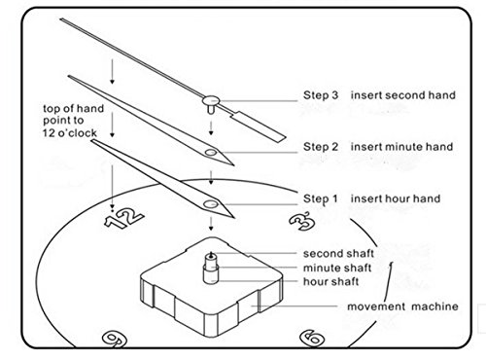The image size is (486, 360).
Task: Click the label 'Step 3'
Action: tap(321, 95)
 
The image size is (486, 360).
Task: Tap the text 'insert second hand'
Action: tap(403, 95)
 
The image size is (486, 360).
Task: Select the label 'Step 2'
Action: tap(321, 147)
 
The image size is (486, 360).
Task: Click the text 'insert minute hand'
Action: tap(401, 147)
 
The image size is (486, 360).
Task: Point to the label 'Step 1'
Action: tap(320, 198)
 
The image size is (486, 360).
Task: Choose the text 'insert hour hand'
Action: tap(396, 198)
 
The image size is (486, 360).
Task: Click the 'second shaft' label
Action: tap(338, 253)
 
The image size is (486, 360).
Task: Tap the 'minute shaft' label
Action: tap(337, 268)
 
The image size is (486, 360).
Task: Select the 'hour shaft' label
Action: tap(331, 281)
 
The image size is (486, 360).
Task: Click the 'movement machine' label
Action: tap(402, 306)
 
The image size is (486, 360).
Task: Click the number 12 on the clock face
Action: tap(123, 218)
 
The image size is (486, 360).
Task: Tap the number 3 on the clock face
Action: tap(302, 221)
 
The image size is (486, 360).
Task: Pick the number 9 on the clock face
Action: tap(114, 340)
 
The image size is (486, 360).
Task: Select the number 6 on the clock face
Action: tap(312, 338)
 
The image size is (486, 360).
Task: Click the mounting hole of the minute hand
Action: tap(211, 152)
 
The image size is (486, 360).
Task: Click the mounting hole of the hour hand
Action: tap(211, 204)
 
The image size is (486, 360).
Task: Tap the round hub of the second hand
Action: tap(211, 100)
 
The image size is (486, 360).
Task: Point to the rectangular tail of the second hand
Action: tap(260, 126)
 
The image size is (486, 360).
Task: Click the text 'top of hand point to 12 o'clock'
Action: tap(74, 121)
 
